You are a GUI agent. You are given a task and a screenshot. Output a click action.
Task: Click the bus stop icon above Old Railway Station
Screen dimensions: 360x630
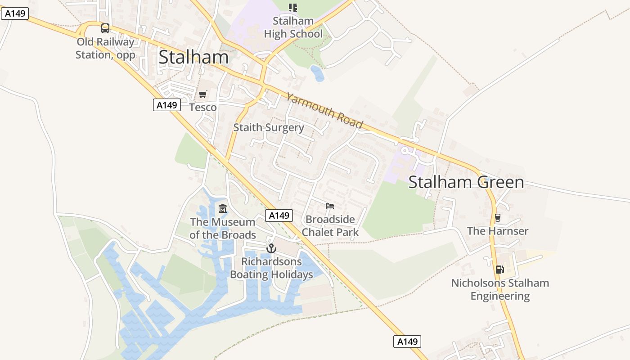click(x=105, y=28)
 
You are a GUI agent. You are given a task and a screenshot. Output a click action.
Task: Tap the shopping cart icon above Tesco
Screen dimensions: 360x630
click(x=203, y=94)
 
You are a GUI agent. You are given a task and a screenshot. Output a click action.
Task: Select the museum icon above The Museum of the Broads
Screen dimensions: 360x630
click(x=223, y=208)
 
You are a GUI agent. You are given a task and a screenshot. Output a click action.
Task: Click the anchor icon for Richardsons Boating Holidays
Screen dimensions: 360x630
click(x=271, y=248)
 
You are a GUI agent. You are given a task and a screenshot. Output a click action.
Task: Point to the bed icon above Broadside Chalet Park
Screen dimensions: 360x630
click(x=330, y=206)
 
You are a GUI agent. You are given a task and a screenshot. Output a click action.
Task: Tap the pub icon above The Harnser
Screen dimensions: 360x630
click(x=498, y=218)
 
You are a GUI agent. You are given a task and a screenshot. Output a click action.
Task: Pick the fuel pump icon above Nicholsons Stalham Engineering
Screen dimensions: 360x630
click(x=499, y=269)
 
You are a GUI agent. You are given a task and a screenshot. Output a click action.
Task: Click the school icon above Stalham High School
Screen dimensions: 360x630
click(x=293, y=7)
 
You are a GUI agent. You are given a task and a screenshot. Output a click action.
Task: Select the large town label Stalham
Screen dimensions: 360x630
click(x=193, y=57)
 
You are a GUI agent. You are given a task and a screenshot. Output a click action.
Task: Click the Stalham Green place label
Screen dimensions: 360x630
click(x=466, y=182)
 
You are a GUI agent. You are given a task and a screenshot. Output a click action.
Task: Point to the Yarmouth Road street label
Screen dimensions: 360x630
click(x=324, y=110)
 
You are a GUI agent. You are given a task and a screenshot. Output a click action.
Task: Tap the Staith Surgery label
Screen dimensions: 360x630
click(x=269, y=127)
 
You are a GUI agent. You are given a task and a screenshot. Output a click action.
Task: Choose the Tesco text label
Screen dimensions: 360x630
click(x=203, y=107)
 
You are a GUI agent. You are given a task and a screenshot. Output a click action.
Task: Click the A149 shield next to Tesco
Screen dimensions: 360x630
click(x=167, y=105)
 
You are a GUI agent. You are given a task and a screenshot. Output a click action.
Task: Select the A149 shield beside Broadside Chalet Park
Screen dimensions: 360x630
click(x=279, y=216)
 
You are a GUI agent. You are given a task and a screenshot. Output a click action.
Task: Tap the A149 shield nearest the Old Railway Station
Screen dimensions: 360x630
click(x=15, y=13)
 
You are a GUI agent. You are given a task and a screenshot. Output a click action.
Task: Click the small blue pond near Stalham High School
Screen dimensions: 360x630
click(x=317, y=73)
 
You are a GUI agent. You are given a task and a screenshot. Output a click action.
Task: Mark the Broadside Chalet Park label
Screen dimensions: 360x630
click(x=330, y=226)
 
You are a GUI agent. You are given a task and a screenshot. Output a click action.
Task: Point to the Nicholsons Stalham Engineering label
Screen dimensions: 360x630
click(x=500, y=289)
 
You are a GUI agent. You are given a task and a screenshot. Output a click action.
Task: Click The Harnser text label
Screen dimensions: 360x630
click(x=498, y=231)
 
